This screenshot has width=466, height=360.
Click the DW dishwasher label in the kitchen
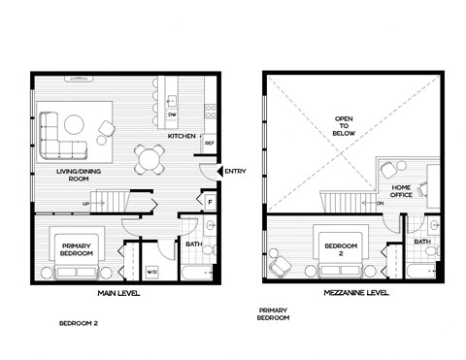pos(171,115)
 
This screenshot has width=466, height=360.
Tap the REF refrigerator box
pos(209,144)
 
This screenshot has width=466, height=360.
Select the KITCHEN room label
pos(182,136)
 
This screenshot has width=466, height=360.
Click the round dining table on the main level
pos(150,158)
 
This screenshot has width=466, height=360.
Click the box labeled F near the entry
pos(210,202)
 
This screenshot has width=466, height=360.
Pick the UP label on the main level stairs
pos(86,203)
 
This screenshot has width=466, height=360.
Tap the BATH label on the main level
pos(193,245)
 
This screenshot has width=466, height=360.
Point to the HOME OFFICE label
pos(400,189)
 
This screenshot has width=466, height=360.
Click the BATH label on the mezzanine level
pos(422,242)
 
